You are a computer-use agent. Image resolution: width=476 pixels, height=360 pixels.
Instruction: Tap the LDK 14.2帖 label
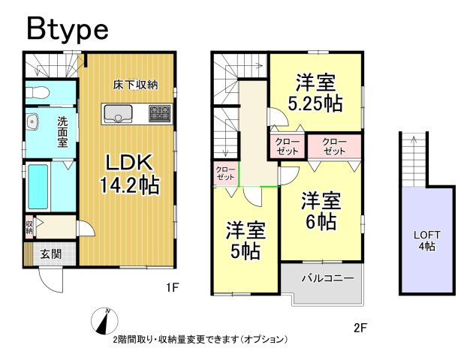pyautogui.click(x=125, y=174)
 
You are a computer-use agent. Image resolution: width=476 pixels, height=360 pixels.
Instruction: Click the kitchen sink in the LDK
pyautogui.click(x=118, y=114)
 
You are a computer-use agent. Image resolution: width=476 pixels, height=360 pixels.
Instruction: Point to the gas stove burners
pyautogui.click(x=159, y=114)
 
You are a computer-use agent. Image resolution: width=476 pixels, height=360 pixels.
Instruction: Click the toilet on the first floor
pyautogui.click(x=37, y=92)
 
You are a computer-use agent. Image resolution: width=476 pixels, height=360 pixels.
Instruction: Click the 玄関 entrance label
pyautogui.click(x=50, y=253)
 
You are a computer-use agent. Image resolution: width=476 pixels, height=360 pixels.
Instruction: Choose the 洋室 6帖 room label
pyautogui.click(x=322, y=211)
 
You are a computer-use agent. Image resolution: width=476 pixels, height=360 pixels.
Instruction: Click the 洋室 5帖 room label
pyautogui.click(x=245, y=239)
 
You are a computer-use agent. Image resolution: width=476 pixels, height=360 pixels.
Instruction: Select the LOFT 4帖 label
pyautogui.click(x=426, y=240)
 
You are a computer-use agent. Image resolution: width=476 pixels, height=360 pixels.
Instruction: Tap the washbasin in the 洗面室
pyautogui.click(x=32, y=122)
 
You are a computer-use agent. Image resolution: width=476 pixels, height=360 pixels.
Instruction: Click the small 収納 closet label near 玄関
pyautogui.click(x=29, y=226)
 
